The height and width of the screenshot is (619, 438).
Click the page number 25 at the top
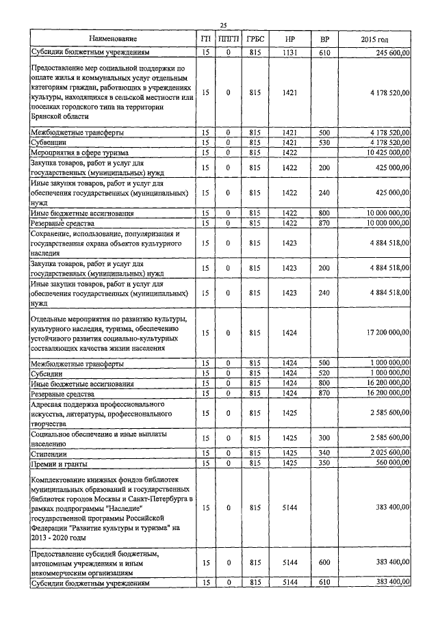(x=223, y=25)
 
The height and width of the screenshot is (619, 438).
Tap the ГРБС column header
(x=255, y=40)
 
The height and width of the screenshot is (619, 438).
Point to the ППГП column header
(x=228, y=40)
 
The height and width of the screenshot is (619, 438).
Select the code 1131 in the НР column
(x=290, y=52)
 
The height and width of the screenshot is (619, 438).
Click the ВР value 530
(x=324, y=142)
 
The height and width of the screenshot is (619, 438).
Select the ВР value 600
(x=324, y=562)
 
